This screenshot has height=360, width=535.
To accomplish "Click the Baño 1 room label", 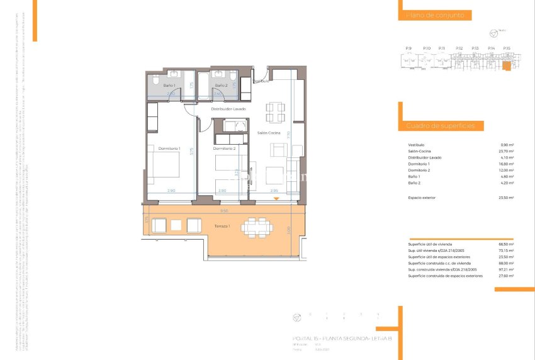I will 169,85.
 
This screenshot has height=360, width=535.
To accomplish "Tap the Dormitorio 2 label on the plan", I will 224,149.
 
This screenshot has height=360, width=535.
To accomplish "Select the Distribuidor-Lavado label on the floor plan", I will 228,109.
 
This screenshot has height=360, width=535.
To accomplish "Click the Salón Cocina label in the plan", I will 269,133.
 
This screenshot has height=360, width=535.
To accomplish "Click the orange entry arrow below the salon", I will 277,200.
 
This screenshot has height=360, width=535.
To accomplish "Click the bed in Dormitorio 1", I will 165,166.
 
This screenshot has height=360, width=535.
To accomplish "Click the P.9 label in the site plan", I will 408,48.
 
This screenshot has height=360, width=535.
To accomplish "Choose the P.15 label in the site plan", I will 507,48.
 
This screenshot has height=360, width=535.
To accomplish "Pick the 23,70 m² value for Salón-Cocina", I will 506,152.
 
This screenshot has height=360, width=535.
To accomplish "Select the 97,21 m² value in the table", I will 506,269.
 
